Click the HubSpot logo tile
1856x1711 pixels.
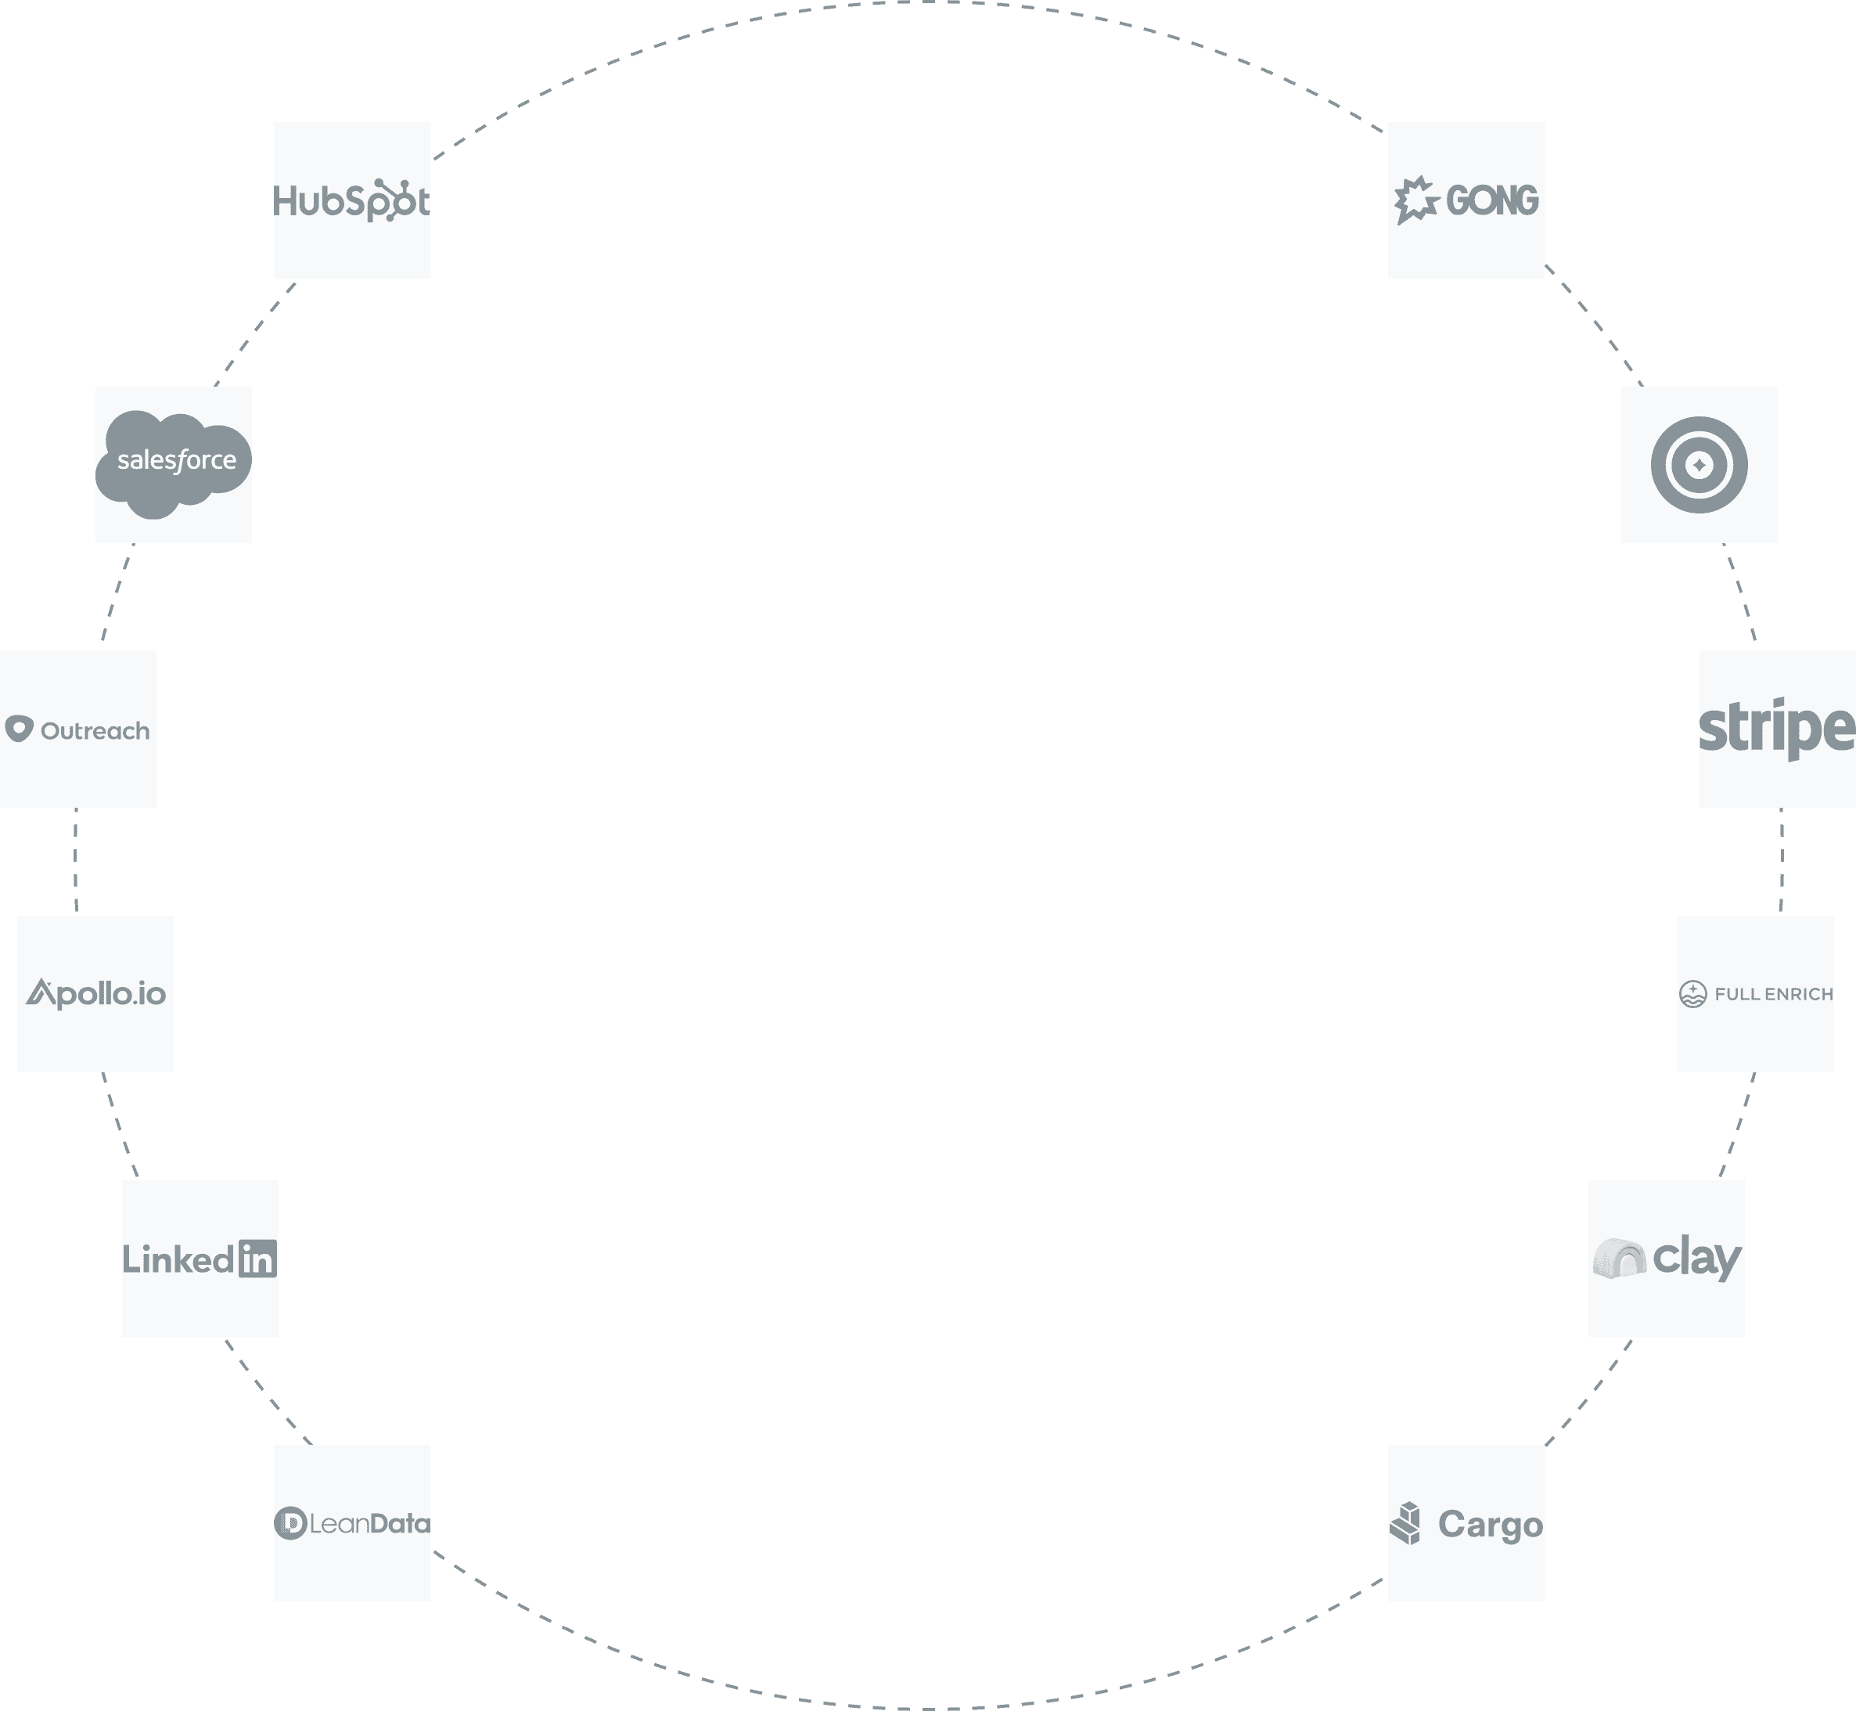(x=352, y=200)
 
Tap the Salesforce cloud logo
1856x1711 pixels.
(x=174, y=462)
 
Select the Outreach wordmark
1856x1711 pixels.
(x=95, y=730)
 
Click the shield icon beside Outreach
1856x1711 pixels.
(x=19, y=729)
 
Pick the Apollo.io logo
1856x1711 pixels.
(x=95, y=993)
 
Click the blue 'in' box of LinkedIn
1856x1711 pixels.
(x=257, y=1259)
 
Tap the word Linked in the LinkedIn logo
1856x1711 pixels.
(x=178, y=1259)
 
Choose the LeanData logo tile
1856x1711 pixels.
(x=352, y=1523)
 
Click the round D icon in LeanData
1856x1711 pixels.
(x=290, y=1523)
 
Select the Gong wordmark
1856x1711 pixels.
(x=1491, y=200)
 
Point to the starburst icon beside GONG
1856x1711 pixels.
(x=1415, y=200)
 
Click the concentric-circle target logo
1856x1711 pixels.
(x=1699, y=465)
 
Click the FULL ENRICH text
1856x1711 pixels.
(x=1773, y=993)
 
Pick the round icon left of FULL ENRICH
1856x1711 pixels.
(x=1692, y=993)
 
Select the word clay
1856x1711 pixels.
(x=1696, y=1259)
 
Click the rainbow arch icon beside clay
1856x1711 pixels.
(x=1619, y=1259)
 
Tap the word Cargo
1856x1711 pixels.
(x=1490, y=1524)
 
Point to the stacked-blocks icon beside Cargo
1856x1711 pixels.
(x=1406, y=1523)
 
